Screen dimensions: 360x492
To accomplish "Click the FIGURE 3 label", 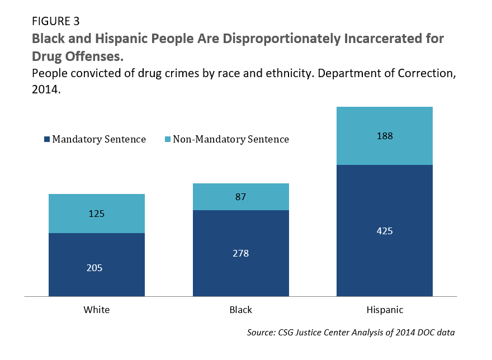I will [x=56, y=22].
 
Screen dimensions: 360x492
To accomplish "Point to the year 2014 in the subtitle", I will [x=46, y=90].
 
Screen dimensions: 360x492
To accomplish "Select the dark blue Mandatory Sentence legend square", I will [x=48, y=139].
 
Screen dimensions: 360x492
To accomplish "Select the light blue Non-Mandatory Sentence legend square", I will [x=168, y=139].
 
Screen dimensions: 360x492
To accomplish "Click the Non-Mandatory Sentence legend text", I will [x=231, y=139].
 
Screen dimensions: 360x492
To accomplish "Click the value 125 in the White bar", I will [x=97, y=214].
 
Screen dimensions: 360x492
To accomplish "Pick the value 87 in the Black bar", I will [x=240, y=197].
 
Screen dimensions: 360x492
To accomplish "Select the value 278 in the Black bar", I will [x=240, y=253].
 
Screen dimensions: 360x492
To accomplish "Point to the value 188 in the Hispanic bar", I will [x=385, y=136].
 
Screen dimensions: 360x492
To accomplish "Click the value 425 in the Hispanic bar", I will [x=385, y=230].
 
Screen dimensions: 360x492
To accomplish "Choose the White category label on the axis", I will [x=97, y=310].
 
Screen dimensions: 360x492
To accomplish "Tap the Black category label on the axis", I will [x=240, y=310].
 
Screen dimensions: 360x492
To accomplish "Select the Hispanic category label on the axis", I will [x=385, y=310].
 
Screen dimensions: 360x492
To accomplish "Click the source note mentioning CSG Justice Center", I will [x=351, y=333].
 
